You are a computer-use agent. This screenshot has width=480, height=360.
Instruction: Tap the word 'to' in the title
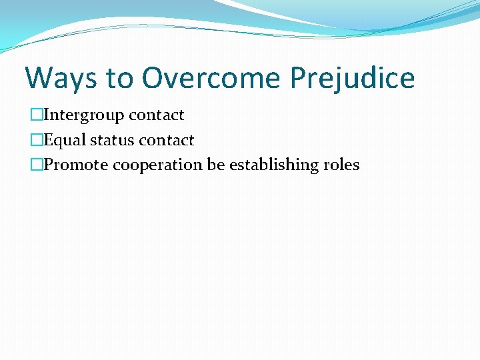(119, 79)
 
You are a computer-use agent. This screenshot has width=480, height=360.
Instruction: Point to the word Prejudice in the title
(352, 78)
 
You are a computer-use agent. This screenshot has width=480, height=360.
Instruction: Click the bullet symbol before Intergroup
(35, 115)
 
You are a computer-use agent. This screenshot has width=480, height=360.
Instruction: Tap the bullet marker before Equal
(35, 141)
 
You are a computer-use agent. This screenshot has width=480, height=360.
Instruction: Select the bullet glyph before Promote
(35, 165)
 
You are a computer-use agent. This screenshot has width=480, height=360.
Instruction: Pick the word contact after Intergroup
(157, 115)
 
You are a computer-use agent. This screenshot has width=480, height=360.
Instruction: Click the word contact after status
(167, 141)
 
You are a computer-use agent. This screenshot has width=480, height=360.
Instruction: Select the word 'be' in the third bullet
(215, 165)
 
